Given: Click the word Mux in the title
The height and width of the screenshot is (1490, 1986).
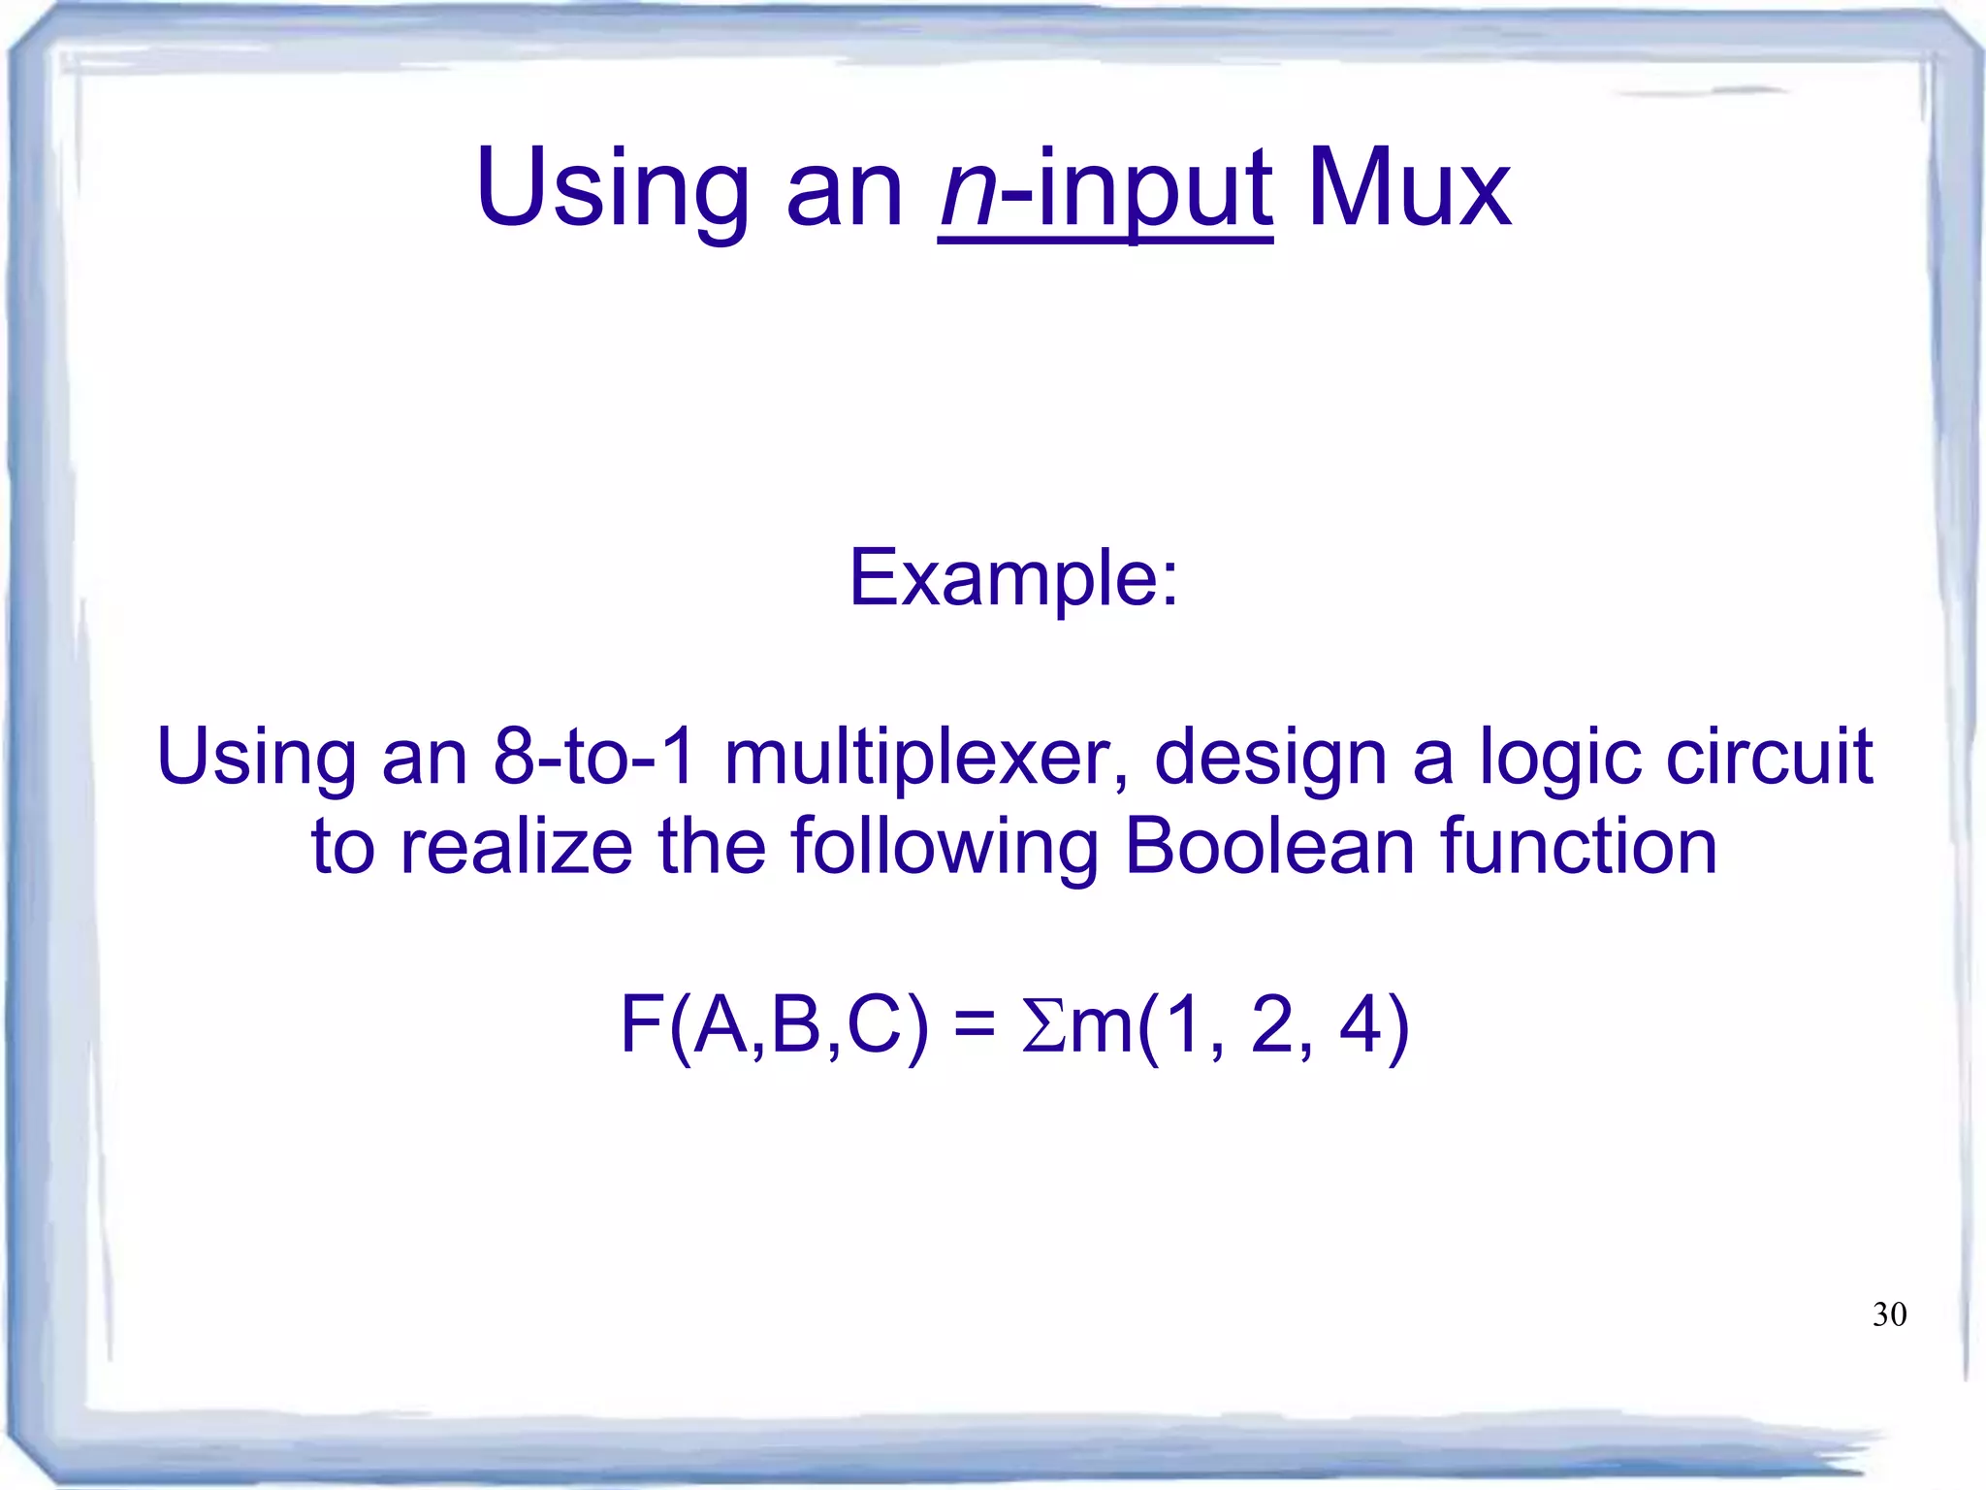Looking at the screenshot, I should pyautogui.click(x=1408, y=189).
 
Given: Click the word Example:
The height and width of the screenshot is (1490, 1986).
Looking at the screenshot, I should pyautogui.click(x=1013, y=578).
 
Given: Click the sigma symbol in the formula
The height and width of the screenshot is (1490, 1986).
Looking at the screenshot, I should pyautogui.click(x=1043, y=1026).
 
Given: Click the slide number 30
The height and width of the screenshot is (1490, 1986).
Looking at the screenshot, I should pyautogui.click(x=1889, y=1314).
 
